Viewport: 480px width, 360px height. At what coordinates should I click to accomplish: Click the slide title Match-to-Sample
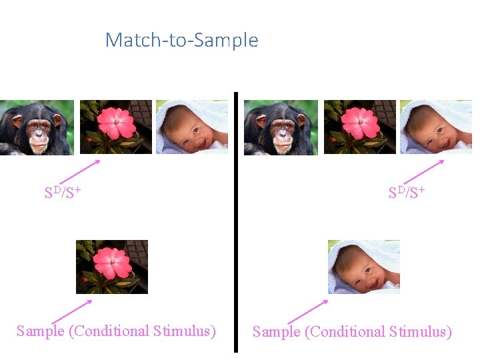[181, 40]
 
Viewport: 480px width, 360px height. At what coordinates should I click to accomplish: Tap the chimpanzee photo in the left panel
[37, 127]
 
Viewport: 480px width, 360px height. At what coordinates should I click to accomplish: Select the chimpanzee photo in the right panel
[281, 127]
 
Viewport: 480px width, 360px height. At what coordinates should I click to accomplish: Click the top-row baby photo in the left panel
[192, 127]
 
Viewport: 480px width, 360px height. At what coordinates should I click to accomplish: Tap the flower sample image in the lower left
[112, 267]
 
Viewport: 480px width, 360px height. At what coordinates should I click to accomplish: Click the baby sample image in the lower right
[364, 267]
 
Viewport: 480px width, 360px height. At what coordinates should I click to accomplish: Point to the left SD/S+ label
[63, 193]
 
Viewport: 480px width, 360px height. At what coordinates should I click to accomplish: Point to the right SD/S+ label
[407, 193]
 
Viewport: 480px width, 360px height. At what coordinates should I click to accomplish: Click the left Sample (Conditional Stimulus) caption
[116, 331]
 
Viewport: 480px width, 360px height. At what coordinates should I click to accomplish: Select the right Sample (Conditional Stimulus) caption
[352, 331]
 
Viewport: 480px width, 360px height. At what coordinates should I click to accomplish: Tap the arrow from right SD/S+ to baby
[424, 171]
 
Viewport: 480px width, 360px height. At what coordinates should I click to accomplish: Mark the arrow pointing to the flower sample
[71, 312]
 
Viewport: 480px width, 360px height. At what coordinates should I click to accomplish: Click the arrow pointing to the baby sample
[308, 311]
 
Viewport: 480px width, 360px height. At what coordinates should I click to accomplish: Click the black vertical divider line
[236, 220]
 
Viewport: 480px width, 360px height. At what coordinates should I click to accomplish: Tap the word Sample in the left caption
[41, 331]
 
